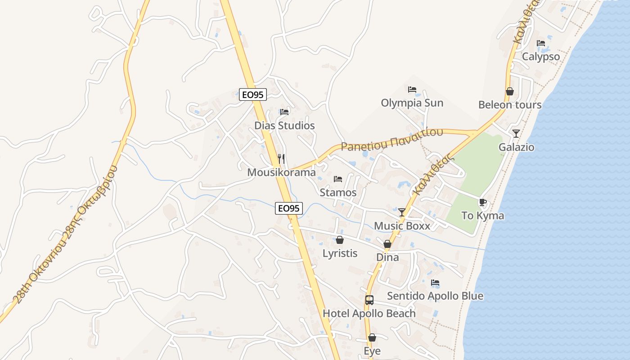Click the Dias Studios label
(284, 126)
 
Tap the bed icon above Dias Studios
(284, 112)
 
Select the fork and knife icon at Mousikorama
(282, 159)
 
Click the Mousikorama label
(281, 172)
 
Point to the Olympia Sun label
(412, 103)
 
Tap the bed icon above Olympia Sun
(412, 90)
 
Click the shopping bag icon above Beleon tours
(510, 91)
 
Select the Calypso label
(540, 57)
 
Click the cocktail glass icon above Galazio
(516, 134)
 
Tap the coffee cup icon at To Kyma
(483, 202)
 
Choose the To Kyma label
(483, 216)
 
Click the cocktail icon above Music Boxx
(402, 212)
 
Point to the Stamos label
(338, 193)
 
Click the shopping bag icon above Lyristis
(340, 240)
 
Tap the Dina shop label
(387, 257)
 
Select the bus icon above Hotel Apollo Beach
(369, 300)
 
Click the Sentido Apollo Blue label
(435, 296)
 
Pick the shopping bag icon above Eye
(372, 337)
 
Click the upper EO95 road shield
(253, 94)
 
